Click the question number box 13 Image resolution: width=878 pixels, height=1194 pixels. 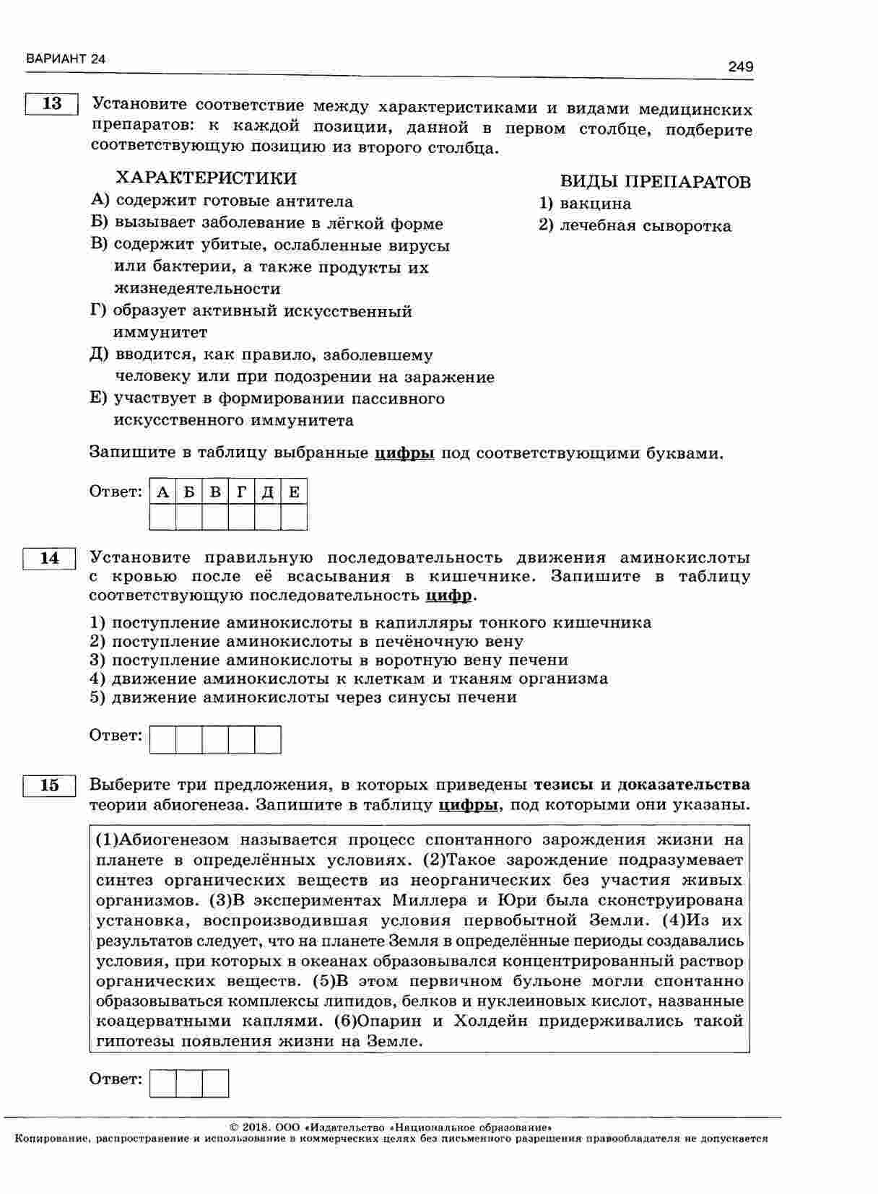52,104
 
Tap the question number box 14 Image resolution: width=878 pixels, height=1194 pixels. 49,558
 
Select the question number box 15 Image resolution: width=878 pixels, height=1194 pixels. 49,785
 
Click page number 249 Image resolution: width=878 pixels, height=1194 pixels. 740,67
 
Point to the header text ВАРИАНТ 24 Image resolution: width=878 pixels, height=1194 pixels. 65,59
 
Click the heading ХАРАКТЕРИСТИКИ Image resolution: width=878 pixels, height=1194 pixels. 207,178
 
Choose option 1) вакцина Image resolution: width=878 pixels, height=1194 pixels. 586,204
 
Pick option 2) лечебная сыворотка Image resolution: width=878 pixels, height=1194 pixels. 635,226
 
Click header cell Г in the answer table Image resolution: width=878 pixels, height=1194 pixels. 241,492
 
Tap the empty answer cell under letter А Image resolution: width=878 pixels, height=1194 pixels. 163,518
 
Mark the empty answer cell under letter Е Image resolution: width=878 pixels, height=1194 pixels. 294,518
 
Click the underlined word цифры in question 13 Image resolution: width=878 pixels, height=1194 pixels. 404,453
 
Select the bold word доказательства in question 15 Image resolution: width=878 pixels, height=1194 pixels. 684,785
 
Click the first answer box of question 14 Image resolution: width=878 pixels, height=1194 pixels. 163,740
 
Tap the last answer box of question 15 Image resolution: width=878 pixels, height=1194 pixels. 215,1084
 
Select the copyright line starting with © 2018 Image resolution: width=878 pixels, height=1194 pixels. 391,1127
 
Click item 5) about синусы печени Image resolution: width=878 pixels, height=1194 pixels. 303,697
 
